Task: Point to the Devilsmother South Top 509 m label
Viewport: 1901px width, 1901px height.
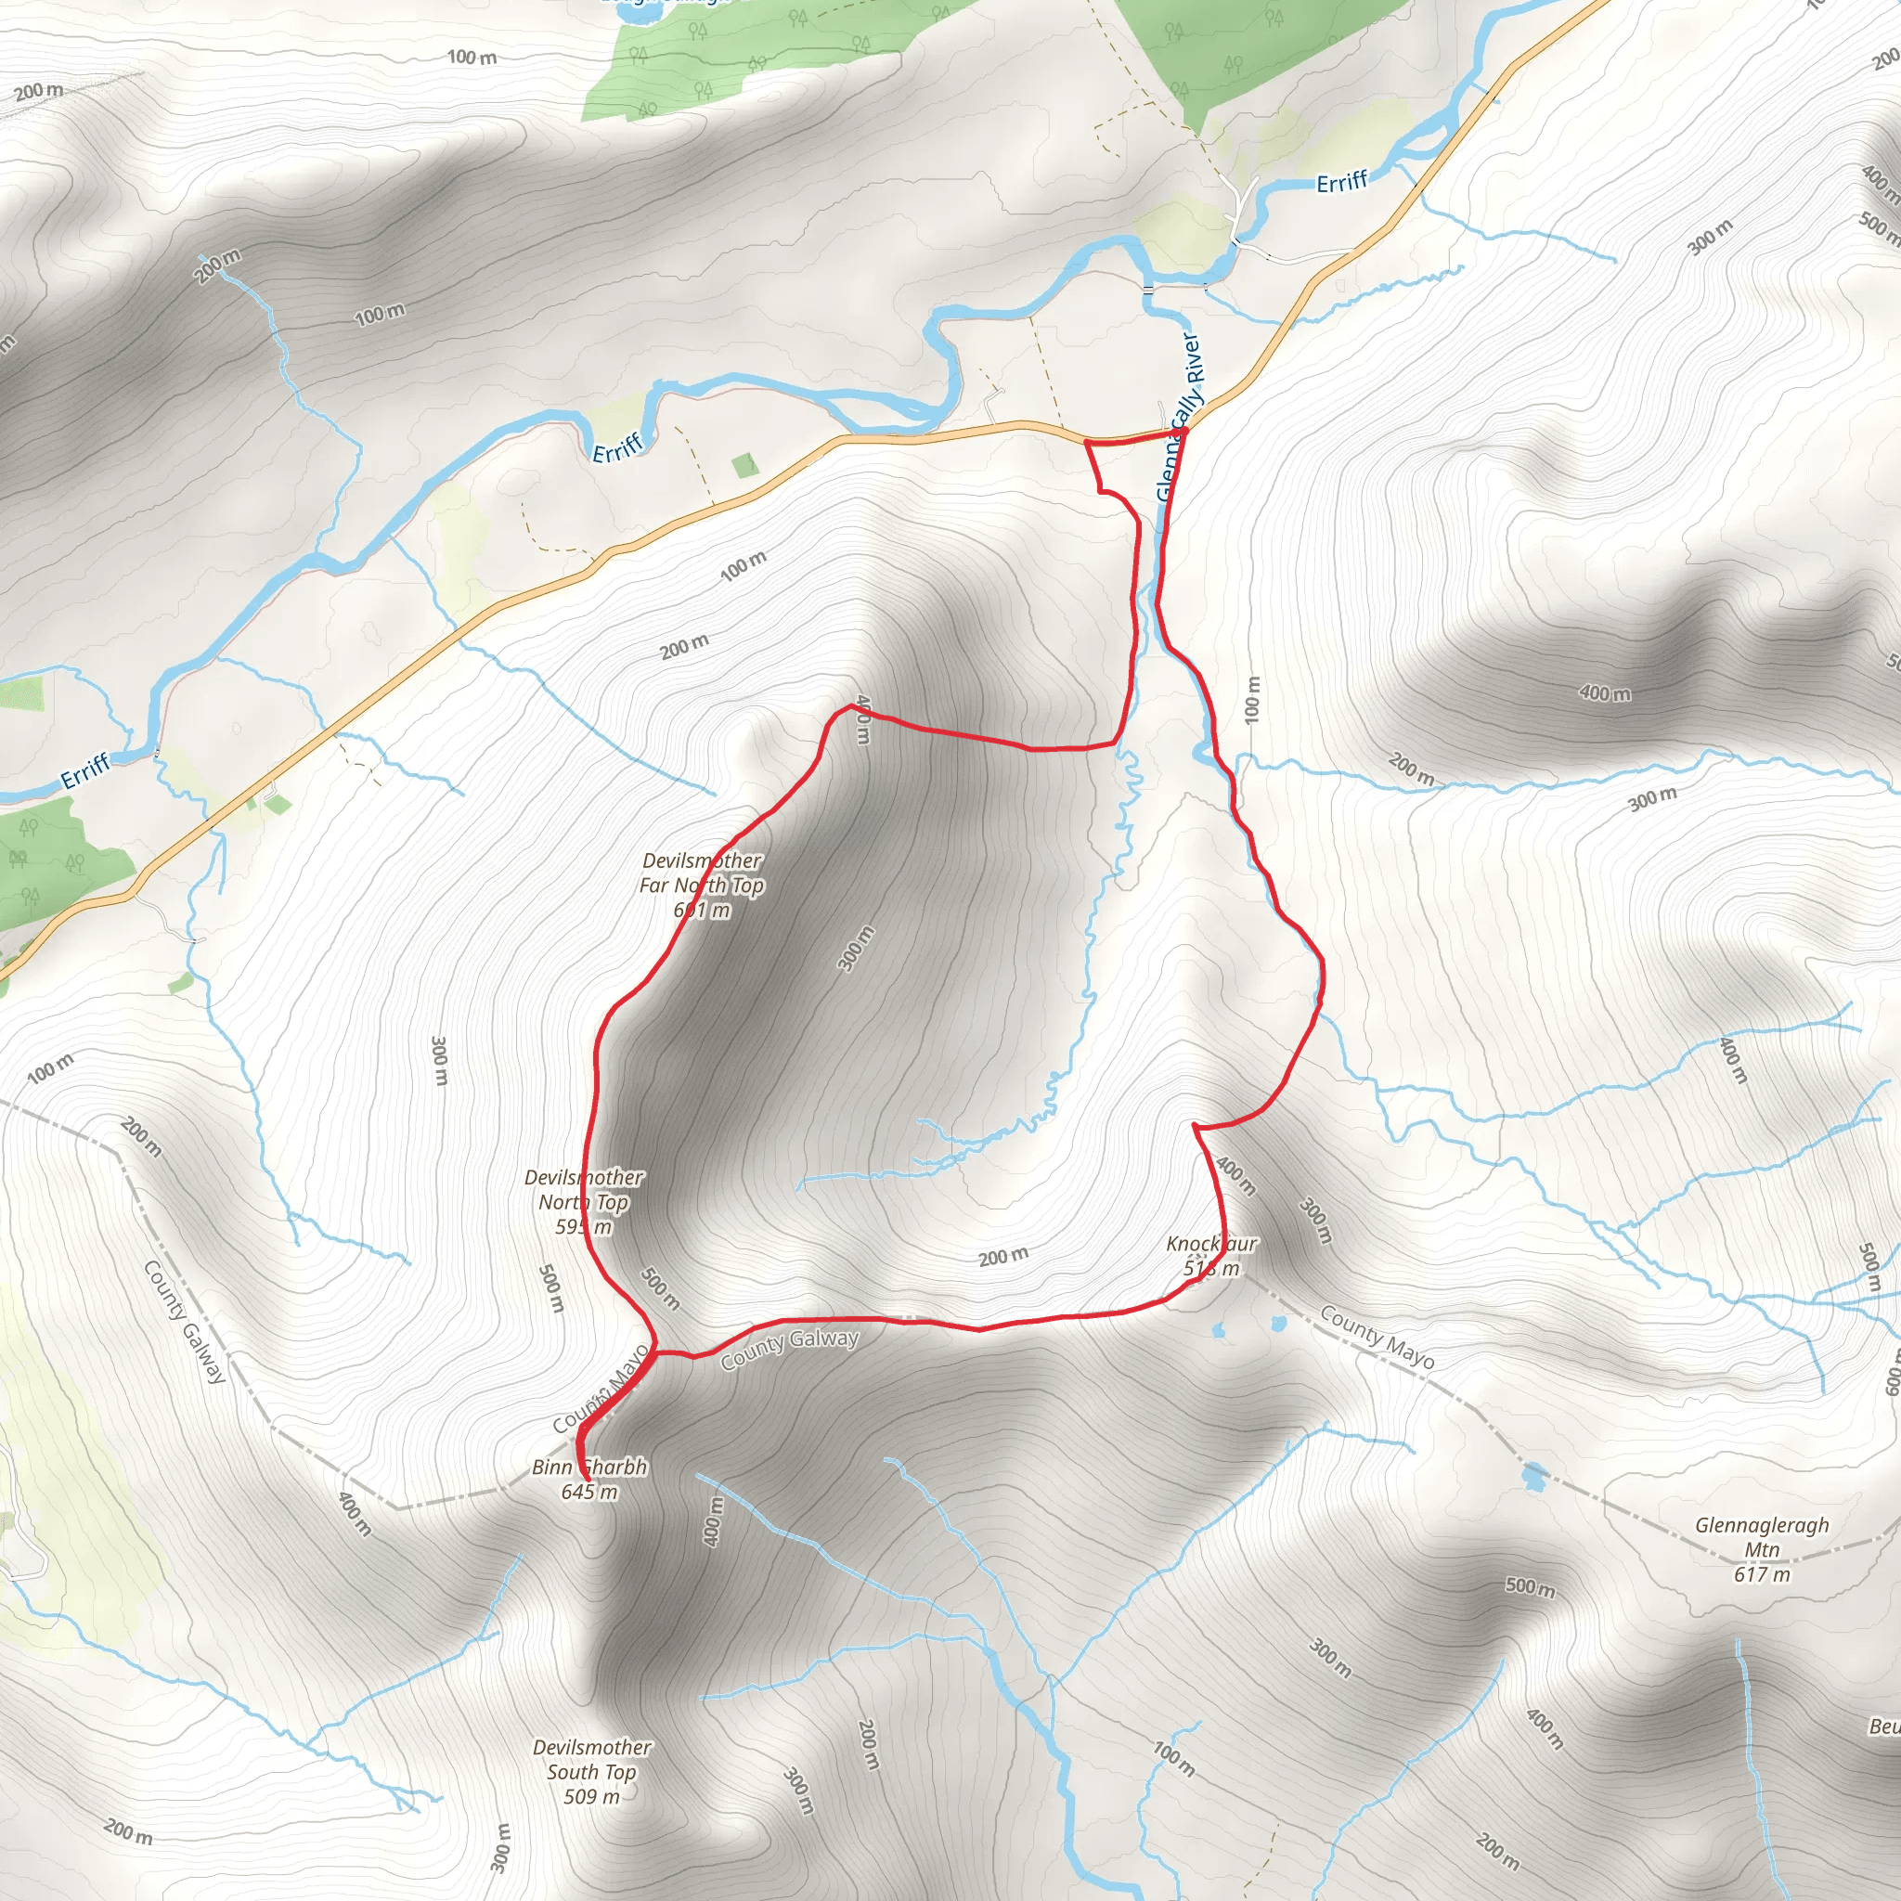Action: [591, 1771]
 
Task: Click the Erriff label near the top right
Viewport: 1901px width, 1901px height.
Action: [1341, 182]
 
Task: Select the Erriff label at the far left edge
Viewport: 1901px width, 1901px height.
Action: [84, 773]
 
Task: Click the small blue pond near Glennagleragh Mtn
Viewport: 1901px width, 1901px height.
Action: [1533, 1475]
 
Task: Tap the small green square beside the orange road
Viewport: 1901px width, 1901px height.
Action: [746, 464]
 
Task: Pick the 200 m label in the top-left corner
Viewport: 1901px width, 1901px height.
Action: [39, 92]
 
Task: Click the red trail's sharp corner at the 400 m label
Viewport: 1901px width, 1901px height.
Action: [850, 706]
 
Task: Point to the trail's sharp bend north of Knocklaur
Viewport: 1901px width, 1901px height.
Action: [1195, 1124]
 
